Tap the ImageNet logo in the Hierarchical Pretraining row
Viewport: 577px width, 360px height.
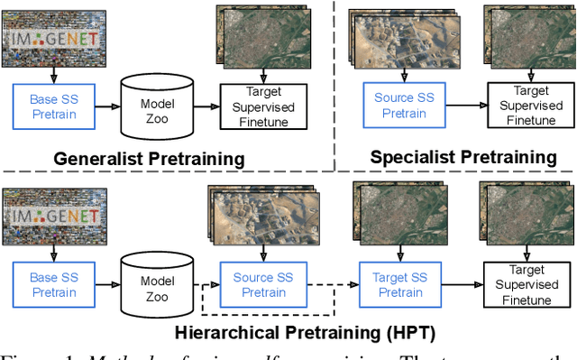point(57,217)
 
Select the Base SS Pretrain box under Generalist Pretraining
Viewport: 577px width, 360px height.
point(55,106)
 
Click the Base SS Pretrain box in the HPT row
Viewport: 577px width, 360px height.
point(55,284)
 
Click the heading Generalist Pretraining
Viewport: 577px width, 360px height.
point(150,159)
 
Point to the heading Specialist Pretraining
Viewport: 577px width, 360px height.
point(463,157)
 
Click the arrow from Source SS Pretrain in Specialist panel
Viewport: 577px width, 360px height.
point(462,106)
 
